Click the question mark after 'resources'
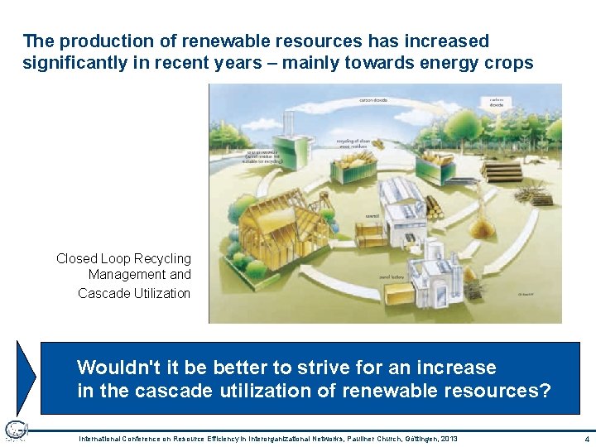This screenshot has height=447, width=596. (x=544, y=390)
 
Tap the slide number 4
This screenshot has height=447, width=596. (x=586, y=438)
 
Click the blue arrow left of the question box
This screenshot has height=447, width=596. (x=27, y=377)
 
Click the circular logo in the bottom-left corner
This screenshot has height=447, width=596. (x=16, y=430)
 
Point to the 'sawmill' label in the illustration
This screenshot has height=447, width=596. (x=372, y=217)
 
